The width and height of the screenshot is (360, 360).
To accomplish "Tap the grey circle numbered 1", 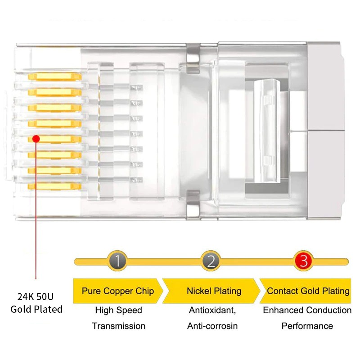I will [117, 261].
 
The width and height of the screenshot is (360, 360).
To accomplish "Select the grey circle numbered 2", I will [211, 261].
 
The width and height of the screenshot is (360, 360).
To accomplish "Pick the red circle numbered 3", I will [304, 261].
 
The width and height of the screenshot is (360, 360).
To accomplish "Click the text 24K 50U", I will [36, 297].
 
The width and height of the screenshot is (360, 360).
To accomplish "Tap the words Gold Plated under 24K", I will [36, 309].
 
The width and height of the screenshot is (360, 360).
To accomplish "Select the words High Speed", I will [118, 310].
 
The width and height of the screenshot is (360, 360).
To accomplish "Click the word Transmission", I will [118, 326].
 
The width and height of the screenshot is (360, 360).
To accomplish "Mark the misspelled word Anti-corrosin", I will [212, 326].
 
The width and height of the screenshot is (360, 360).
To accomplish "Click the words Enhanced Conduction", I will [307, 310].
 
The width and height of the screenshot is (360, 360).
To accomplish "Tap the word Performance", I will [307, 326].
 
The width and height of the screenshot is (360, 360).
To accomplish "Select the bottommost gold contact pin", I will [54, 186].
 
